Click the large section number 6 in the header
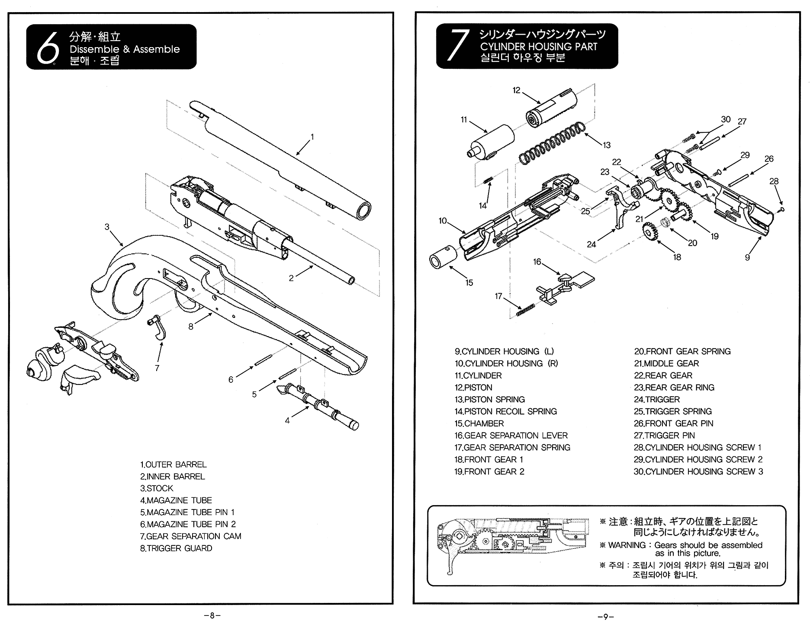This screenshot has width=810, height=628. [47, 48]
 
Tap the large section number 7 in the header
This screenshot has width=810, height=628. [457, 46]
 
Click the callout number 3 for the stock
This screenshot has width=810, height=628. [107, 227]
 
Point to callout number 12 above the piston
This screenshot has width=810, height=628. [516, 90]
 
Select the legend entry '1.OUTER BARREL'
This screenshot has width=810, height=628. [173, 465]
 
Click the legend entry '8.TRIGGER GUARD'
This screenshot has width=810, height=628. [176, 548]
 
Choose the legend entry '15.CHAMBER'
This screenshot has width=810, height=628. [479, 423]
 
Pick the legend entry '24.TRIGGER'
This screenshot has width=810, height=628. [657, 400]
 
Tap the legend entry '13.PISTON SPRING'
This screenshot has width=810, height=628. [489, 400]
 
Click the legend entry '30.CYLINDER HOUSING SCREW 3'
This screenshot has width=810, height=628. [698, 471]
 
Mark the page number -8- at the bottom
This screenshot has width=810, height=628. [212, 615]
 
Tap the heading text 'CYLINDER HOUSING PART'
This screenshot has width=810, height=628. [538, 47]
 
